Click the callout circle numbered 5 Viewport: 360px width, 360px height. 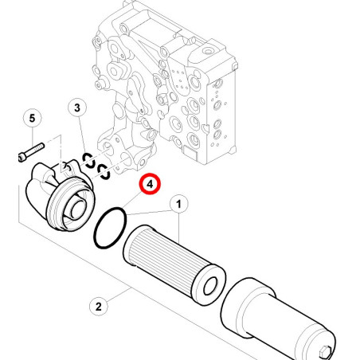32,118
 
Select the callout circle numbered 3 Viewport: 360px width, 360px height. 77,108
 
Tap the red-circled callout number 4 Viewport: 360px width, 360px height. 150,184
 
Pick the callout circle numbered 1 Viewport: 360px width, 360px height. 178,205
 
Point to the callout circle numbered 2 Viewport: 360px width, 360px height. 99,307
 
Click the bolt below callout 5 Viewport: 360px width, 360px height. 31,152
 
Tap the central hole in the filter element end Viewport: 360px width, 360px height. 210,287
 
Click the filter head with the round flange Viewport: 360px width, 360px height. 59,194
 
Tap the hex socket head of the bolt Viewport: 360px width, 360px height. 22,157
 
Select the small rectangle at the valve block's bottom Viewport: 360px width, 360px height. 190,153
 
